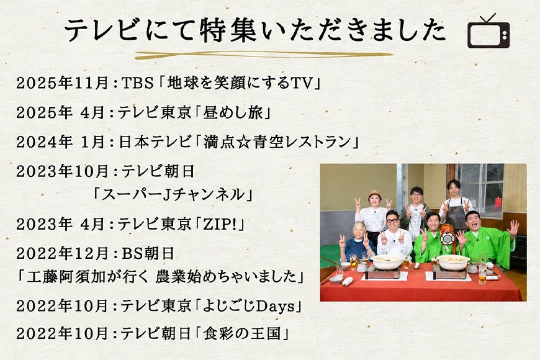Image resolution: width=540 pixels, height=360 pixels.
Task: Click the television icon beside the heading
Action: pos(488,32)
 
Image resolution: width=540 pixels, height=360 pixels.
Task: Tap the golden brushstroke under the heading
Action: pos(263,55)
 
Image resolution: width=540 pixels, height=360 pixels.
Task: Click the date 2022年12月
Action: pos(63,254)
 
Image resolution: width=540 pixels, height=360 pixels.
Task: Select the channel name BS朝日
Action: pos(148,254)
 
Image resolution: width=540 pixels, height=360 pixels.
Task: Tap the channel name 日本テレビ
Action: pos(155,142)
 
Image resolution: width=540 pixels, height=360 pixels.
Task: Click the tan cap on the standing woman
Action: pos(374,193)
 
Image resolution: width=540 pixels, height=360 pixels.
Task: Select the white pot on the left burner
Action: pos(387,261)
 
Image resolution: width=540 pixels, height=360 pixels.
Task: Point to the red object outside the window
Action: pos(498,203)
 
